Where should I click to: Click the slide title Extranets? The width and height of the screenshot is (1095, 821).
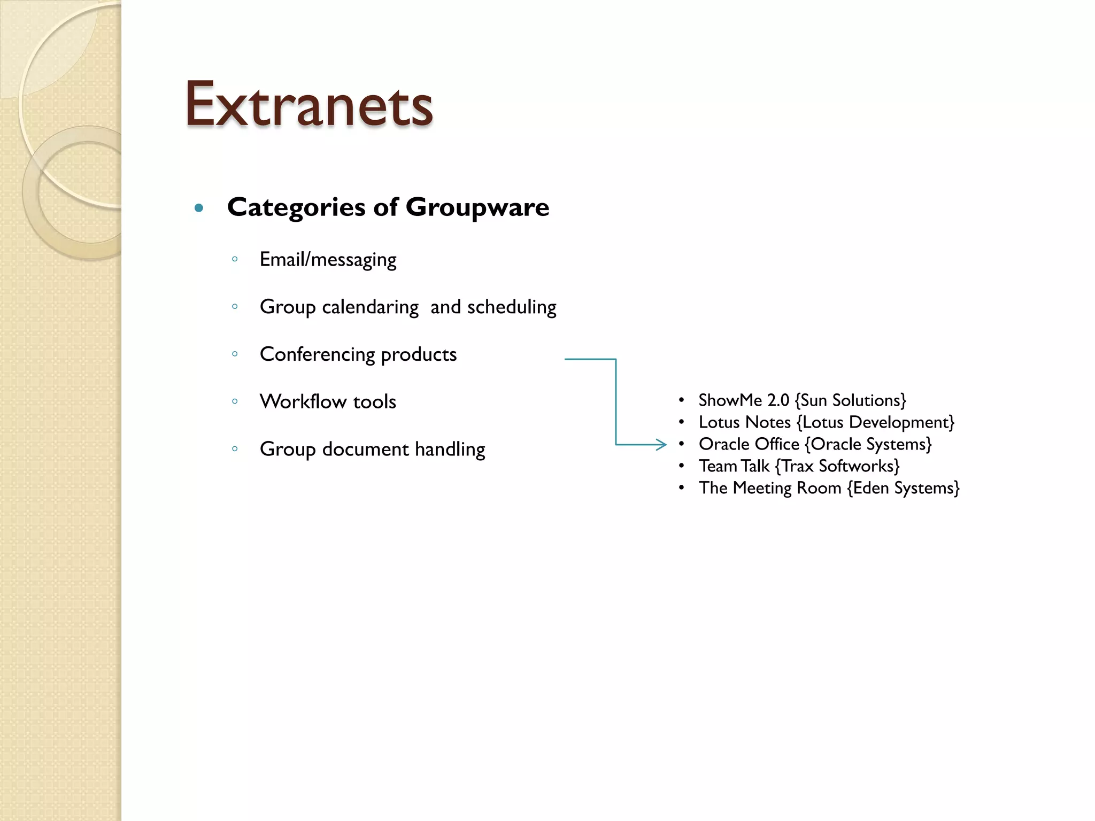pos(309,104)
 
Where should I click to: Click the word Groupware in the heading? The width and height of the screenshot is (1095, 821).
pos(477,207)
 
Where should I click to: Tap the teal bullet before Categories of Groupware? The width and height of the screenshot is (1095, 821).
pos(199,208)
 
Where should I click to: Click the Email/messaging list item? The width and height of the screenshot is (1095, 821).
pos(328,260)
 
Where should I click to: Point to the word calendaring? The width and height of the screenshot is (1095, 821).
pos(370,307)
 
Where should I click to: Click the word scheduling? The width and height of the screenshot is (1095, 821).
pos(512,307)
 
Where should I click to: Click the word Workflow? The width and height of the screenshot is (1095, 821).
pos(303,401)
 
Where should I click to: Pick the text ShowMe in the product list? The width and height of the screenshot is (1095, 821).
pos(730,400)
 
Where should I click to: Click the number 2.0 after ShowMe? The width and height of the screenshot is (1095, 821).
pos(778,400)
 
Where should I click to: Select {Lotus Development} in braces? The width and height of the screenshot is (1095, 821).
pos(875,422)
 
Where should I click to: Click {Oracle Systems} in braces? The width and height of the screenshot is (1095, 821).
pos(868,444)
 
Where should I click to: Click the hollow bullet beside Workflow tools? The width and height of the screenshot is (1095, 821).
pos(235,401)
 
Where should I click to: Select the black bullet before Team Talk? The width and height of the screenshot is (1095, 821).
pos(681,466)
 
